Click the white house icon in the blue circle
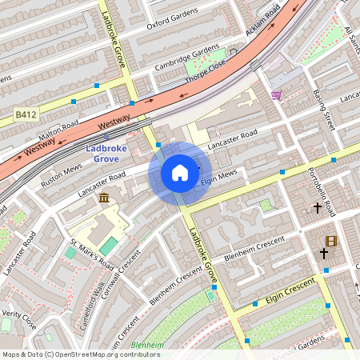tap(180, 172)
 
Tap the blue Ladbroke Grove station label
tap(113, 154)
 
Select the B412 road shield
tap(26, 117)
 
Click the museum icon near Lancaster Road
tap(104, 198)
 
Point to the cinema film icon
tap(330, 240)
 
